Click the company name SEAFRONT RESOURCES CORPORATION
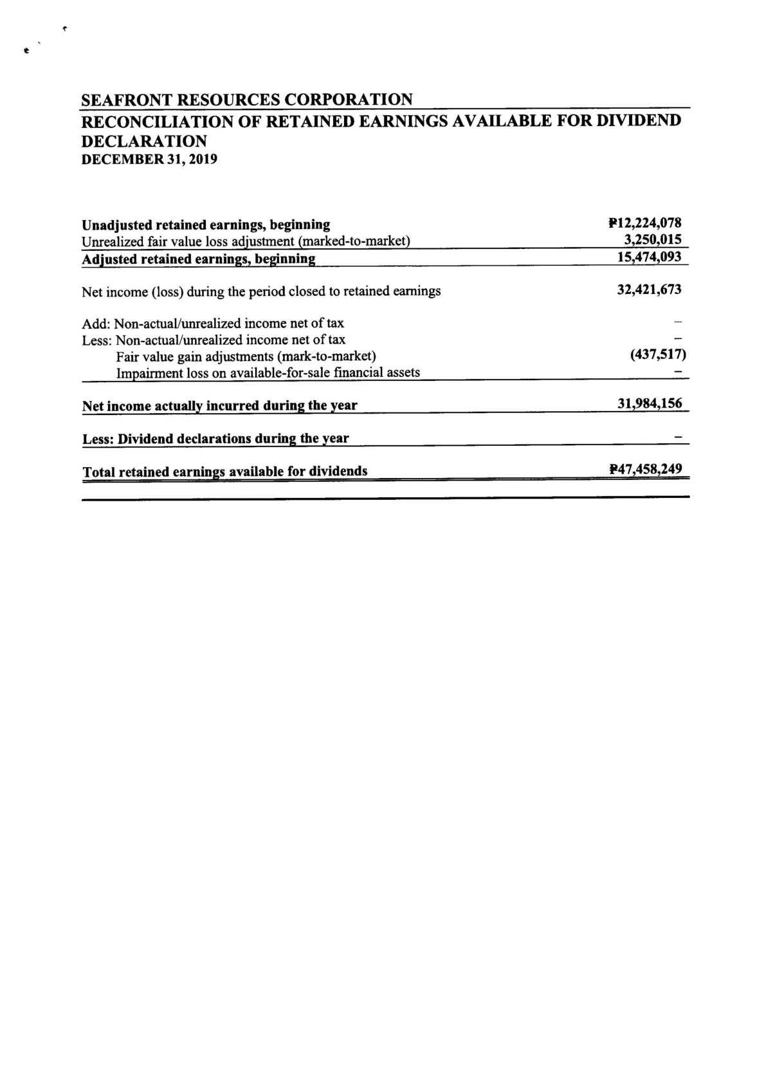[247, 100]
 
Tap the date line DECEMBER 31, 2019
[149, 159]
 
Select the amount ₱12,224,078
[644, 223]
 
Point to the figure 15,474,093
[649, 257]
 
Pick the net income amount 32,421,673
[649, 289]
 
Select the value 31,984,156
[649, 404]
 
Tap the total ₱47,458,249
[645, 469]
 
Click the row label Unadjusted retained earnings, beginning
[206, 225]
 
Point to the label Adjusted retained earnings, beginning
[199, 259]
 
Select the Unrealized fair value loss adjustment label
[246, 241]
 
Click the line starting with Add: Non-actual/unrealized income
[213, 323]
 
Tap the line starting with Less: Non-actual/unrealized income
[214, 340]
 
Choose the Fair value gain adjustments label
[246, 356]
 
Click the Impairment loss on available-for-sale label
[268, 372]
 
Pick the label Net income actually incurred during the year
[219, 406]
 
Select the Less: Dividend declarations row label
[215, 439]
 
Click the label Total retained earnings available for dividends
[225, 472]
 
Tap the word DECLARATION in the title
[144, 141]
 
